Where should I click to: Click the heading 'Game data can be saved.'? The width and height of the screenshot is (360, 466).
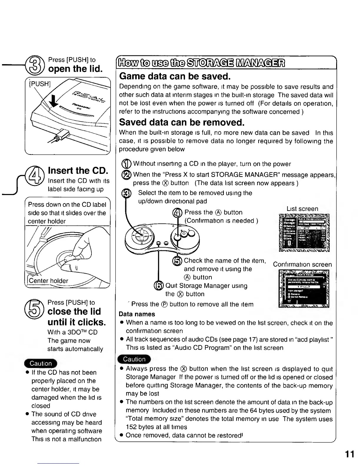174,76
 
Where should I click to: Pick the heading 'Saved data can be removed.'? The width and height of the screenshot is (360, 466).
182,122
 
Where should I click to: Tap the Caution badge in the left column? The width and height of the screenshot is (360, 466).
41,363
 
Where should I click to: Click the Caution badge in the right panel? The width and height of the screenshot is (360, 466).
134,359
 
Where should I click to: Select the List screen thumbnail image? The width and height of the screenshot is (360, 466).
304,233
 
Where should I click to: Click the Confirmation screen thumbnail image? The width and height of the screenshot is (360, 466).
304,288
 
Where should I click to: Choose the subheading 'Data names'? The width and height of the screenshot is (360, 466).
137,314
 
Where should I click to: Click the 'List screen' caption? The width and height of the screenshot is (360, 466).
302,209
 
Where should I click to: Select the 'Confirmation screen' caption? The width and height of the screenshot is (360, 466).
302,264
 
